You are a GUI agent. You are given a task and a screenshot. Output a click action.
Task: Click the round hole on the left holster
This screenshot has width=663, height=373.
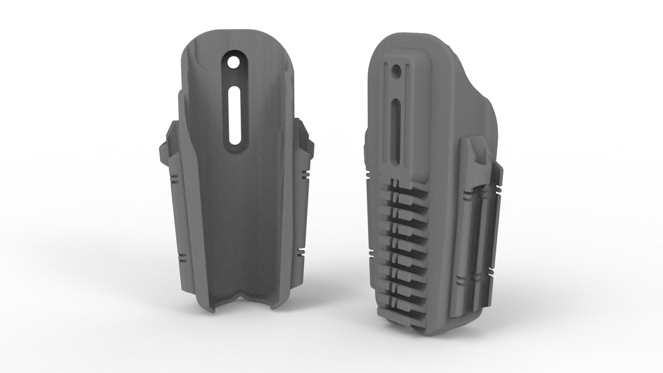233,63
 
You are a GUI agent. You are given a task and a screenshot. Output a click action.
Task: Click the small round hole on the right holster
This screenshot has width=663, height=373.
396,72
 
